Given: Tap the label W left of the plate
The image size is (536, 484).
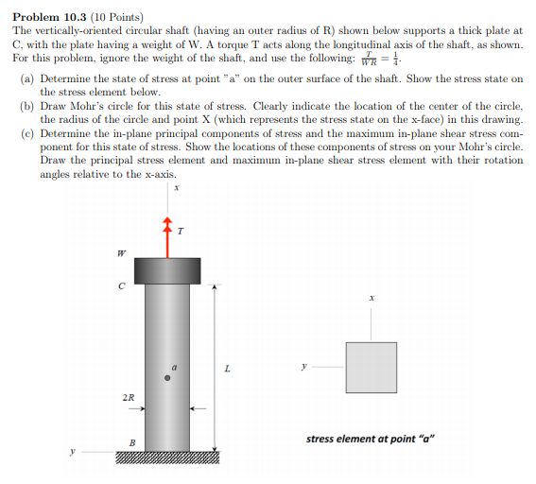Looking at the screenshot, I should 120,252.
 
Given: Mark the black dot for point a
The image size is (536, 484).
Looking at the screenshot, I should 167,378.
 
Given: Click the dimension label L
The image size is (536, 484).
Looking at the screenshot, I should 227,370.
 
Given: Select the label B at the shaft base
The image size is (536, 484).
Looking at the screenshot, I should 132,441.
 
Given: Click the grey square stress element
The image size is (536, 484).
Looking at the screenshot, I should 371,367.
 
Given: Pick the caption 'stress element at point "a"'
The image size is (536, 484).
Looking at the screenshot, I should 370,439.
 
